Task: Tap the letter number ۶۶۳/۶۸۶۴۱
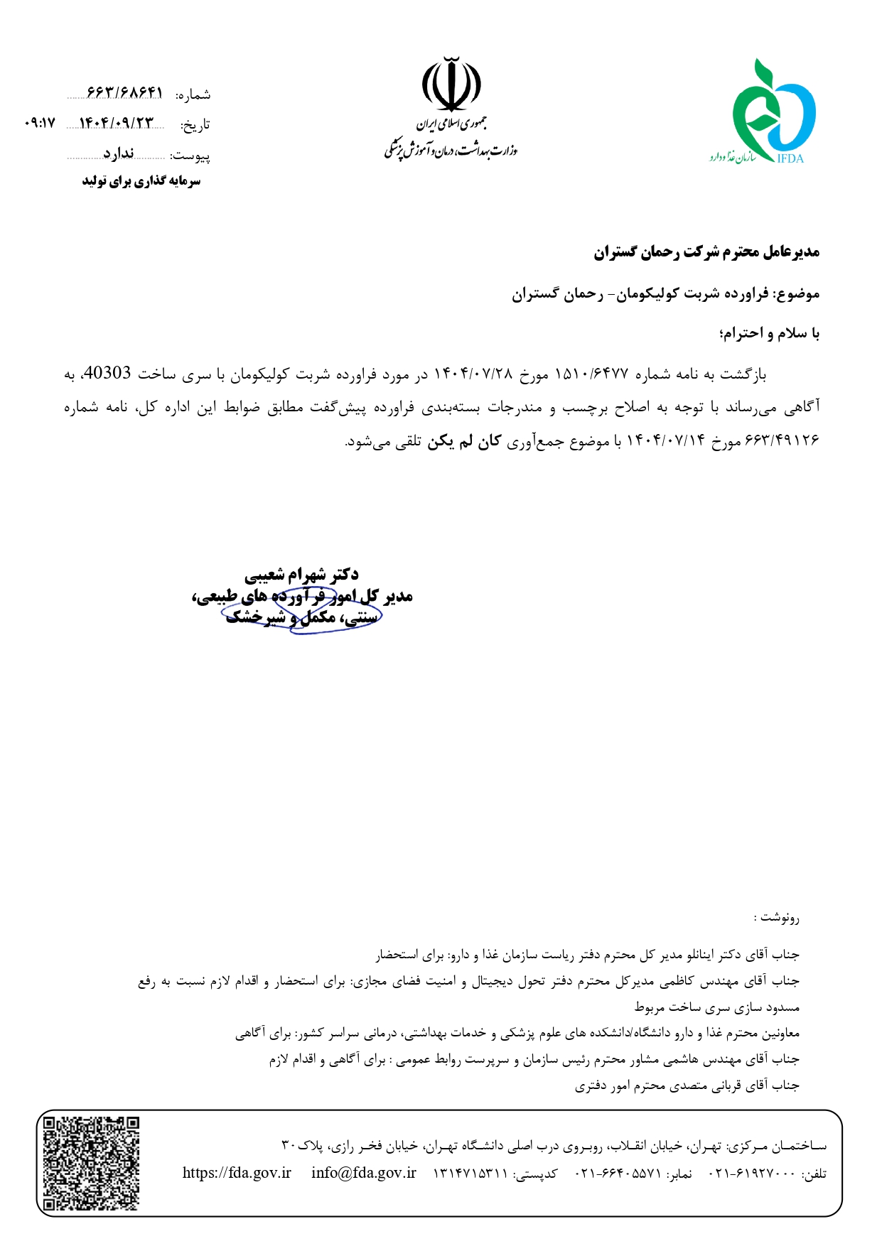click(125, 93)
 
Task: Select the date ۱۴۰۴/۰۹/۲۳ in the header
click(116, 123)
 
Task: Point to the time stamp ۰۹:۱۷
click(39, 123)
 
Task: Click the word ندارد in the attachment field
click(119, 153)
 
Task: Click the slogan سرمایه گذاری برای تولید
click(141, 181)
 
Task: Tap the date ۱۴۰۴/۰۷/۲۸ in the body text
click(473, 374)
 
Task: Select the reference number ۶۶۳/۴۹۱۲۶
click(782, 441)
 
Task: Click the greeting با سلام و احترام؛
click(769, 333)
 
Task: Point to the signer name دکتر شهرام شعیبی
click(301, 574)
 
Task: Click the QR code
click(91, 1163)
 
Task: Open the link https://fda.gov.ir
click(237, 1173)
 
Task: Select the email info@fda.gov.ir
click(363, 1173)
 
